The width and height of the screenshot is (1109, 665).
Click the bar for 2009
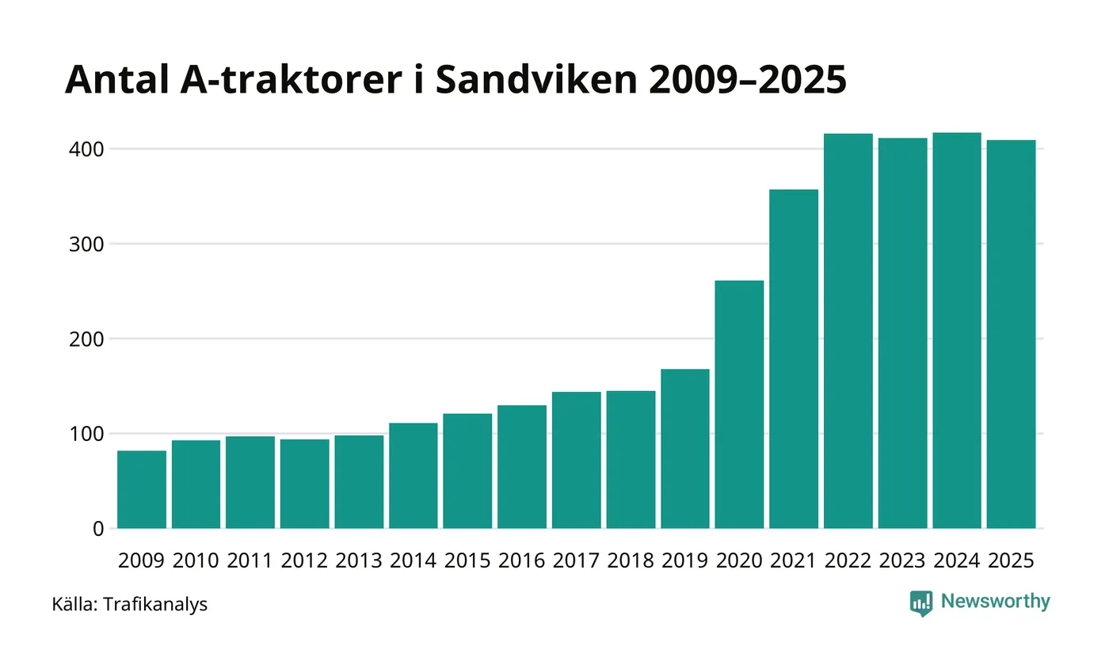click(x=142, y=489)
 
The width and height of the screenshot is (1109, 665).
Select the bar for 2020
click(x=739, y=405)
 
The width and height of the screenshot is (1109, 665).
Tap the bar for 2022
click(x=848, y=331)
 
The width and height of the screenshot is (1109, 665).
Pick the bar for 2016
click(x=522, y=466)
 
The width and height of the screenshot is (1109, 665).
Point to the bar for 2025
click(x=1011, y=334)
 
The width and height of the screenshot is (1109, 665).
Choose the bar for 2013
click(x=359, y=481)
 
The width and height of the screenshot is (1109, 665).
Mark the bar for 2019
click(x=684, y=449)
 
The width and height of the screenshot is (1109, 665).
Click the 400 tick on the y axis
click(x=87, y=149)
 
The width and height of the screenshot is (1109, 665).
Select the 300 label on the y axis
click(x=87, y=244)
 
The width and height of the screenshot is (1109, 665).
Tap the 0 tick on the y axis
click(x=98, y=529)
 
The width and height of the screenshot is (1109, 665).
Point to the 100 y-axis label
click(x=87, y=434)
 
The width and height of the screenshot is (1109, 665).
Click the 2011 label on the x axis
click(x=250, y=560)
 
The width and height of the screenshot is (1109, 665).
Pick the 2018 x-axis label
click(x=631, y=560)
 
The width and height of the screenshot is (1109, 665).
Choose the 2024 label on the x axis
click(x=956, y=560)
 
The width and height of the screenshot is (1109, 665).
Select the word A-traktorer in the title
click(x=282, y=80)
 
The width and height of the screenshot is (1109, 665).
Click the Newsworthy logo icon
click(x=921, y=603)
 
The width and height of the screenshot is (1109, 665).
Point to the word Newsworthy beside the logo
click(x=996, y=602)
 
